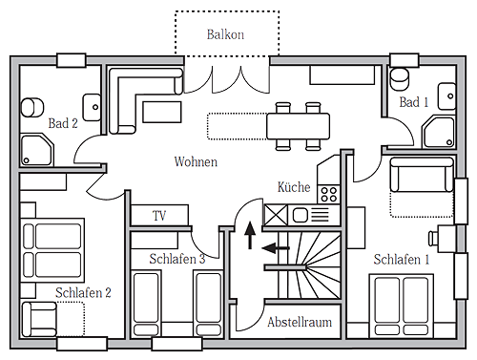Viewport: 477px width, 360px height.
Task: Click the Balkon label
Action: pos(225,34)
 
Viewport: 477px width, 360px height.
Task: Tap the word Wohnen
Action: pos(196,161)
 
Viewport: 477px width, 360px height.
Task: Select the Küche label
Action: pos(294,187)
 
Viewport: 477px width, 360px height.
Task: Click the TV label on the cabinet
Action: pos(159,216)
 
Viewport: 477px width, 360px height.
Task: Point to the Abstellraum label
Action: pos(300,322)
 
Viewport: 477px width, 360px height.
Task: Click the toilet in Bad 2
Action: pos(32,107)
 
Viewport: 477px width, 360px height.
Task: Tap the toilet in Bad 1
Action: pos(400,78)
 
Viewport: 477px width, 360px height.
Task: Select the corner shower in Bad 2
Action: pos(37,150)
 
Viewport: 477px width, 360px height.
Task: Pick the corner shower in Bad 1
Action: pos(439,132)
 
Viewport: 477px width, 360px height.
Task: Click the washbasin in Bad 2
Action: pos(92,107)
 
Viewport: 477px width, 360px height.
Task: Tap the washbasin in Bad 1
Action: pos(446,96)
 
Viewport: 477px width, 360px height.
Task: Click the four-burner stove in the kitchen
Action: pos(329,195)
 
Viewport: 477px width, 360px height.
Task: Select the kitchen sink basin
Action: pos(300,216)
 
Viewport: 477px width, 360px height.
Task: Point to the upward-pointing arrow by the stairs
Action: pos(250,235)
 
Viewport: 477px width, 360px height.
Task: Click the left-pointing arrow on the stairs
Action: pos(276,247)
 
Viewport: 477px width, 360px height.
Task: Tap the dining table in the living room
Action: pos(298,126)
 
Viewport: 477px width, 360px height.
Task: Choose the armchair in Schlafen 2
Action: pos(39,319)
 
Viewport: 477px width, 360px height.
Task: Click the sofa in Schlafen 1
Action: pos(422,175)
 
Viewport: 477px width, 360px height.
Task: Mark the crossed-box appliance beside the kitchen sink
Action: pos(276,215)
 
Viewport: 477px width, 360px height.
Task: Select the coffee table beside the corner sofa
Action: pos(162,112)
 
